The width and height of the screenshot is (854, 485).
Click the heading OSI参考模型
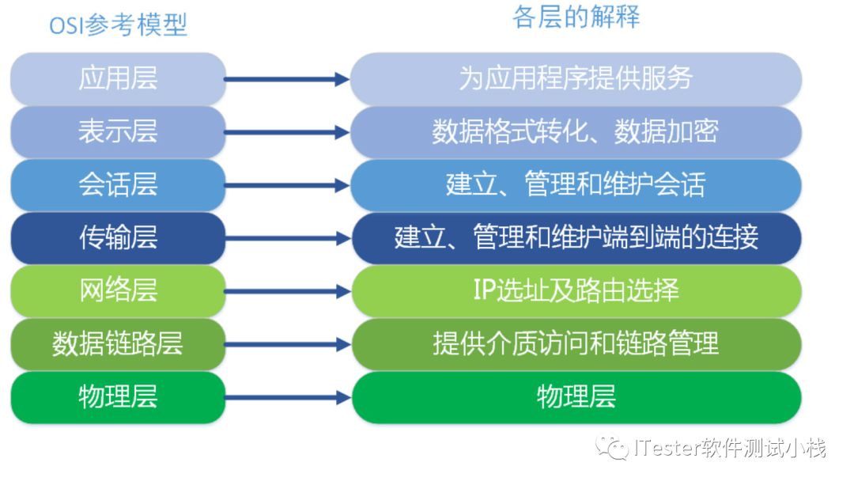(x=118, y=25)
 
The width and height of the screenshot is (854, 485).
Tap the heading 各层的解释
(x=576, y=17)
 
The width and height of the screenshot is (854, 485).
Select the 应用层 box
(x=118, y=78)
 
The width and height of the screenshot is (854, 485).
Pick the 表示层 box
(x=118, y=131)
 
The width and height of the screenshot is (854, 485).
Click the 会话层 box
(x=118, y=184)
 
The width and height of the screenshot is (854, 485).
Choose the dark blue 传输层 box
(x=118, y=237)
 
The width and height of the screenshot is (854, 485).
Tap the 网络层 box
(x=118, y=290)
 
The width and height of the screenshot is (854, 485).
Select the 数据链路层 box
(x=118, y=343)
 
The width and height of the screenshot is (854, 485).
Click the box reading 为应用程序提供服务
(x=576, y=78)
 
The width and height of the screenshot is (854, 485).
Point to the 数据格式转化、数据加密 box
(x=576, y=131)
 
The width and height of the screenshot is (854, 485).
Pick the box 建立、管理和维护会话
(x=576, y=184)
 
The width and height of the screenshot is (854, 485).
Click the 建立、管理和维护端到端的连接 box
(x=576, y=237)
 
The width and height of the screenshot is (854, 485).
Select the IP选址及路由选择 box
(x=576, y=290)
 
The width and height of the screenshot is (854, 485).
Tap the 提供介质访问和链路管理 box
(x=576, y=343)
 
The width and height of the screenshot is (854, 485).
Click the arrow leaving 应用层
(x=286, y=79)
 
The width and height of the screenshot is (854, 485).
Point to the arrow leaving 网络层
(x=286, y=291)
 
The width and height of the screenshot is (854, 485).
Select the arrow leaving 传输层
(x=286, y=238)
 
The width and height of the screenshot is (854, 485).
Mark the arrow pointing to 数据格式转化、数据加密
(x=286, y=132)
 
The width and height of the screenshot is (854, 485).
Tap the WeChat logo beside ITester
(x=614, y=449)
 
